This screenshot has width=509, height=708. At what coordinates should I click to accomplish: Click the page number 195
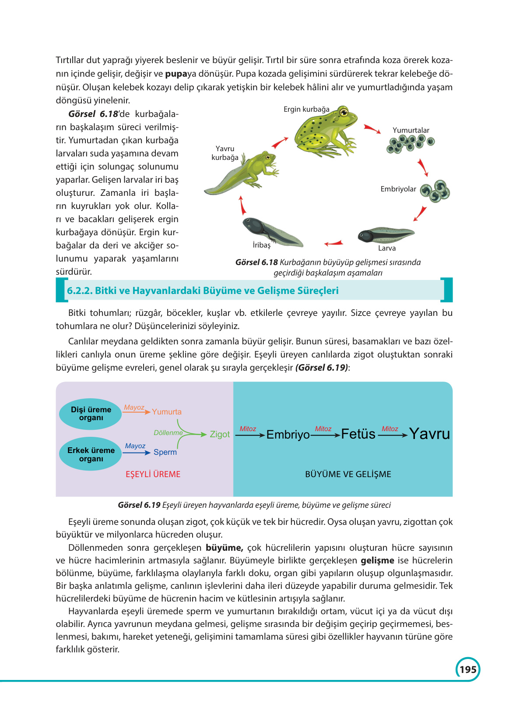[468, 669]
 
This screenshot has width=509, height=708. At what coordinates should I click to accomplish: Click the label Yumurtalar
[411, 130]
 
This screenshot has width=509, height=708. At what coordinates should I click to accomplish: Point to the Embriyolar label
[398, 189]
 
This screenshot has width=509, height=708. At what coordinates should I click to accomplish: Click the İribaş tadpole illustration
[271, 231]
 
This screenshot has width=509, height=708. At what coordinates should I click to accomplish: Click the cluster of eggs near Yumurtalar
[410, 143]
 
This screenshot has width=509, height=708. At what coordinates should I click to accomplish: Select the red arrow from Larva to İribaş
[333, 243]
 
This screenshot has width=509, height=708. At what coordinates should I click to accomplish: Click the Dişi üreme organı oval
[91, 414]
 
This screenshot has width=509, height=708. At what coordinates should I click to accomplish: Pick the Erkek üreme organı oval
[91, 454]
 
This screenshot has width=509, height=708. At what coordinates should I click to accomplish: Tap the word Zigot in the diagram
[220, 434]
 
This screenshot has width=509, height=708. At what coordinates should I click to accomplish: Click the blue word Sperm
[165, 452]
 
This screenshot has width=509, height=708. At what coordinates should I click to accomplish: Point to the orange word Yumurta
[167, 412]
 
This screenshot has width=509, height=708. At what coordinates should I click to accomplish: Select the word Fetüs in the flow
[358, 434]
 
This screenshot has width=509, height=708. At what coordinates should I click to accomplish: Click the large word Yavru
[429, 434]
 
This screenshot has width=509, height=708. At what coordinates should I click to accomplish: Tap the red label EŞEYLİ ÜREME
[153, 474]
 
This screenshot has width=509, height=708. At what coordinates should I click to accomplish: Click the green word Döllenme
[168, 433]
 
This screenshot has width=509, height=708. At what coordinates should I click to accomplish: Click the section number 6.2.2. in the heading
[79, 290]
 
